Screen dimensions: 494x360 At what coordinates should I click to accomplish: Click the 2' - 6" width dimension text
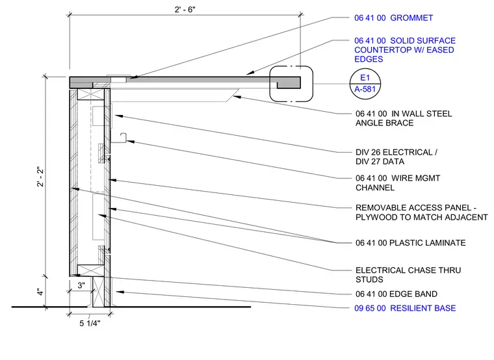[x=185, y=10]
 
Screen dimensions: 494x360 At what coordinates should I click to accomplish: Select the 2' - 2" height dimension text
[x=40, y=176]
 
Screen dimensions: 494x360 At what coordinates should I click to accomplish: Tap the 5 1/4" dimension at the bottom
[x=90, y=323]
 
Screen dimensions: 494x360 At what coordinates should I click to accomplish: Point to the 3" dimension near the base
[x=81, y=285]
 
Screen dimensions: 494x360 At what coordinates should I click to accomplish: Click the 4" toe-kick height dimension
[x=40, y=292]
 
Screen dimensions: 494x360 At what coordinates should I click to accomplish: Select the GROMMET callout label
[x=393, y=18]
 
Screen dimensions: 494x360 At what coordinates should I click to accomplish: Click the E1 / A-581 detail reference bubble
[x=365, y=84]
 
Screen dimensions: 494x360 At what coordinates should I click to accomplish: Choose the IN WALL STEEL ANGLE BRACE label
[x=404, y=118]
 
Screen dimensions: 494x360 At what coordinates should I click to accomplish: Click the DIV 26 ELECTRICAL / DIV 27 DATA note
[x=396, y=157]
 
